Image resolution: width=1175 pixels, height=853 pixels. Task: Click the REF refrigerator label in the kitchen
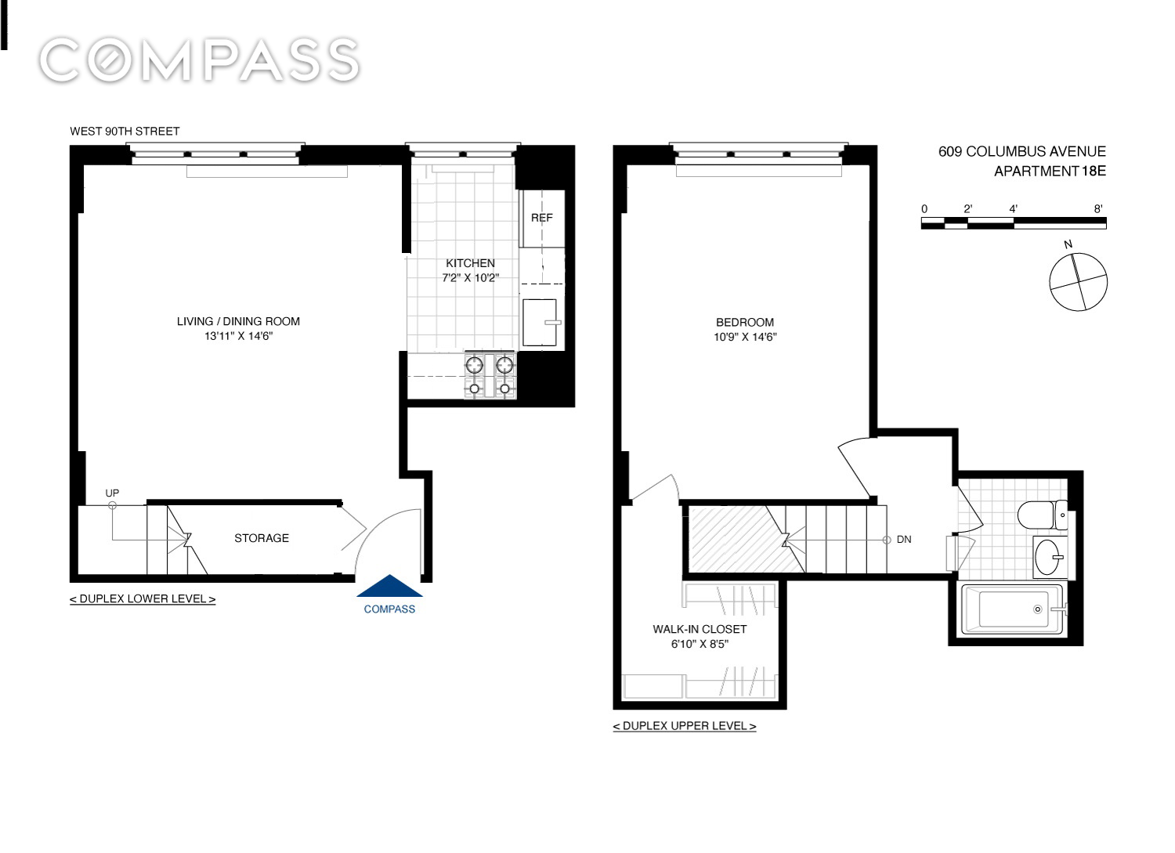click(542, 218)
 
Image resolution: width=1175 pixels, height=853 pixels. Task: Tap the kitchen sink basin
click(540, 323)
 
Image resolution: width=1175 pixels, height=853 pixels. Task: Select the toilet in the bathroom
click(1042, 515)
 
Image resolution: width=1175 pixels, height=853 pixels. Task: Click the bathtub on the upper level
click(1013, 609)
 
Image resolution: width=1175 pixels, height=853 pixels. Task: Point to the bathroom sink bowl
click(1049, 557)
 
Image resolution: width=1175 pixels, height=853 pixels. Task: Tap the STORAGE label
click(261, 538)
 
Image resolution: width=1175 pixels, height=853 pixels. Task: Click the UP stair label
click(112, 493)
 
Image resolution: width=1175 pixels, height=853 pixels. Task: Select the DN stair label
click(904, 539)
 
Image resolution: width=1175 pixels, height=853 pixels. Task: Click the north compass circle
click(1079, 282)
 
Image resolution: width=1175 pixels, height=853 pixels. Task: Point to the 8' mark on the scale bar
click(1098, 209)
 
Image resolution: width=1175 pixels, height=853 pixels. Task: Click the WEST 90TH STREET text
click(125, 131)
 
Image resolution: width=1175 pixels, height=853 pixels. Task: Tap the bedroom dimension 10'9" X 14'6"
click(745, 338)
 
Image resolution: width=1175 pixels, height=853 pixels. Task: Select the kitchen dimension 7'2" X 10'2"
click(471, 278)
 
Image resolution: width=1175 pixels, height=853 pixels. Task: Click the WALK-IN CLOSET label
click(700, 629)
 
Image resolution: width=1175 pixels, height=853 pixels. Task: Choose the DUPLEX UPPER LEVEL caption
click(685, 726)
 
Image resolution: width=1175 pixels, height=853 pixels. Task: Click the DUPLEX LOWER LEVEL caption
click(143, 599)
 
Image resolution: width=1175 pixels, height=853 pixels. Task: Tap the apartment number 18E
click(1094, 171)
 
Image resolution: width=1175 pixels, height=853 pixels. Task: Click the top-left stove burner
click(474, 364)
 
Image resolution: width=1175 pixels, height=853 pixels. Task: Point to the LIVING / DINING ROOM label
click(238, 322)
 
